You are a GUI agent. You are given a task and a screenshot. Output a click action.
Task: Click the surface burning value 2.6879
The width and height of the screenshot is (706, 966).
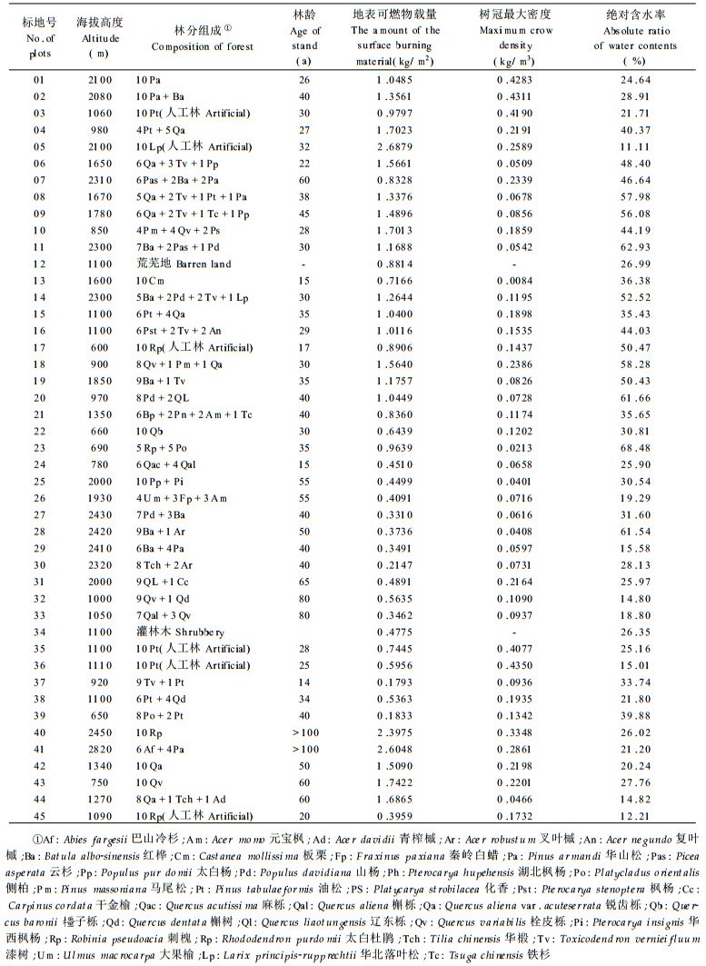click(397, 145)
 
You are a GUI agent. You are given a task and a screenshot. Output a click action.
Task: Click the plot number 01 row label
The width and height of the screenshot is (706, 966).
click(39, 79)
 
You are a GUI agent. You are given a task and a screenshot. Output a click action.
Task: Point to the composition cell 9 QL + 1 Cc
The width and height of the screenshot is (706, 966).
click(167, 581)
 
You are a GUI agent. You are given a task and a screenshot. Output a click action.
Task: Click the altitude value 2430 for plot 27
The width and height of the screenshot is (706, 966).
click(100, 514)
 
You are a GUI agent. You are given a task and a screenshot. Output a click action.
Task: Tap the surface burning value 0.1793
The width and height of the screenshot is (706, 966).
click(397, 682)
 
